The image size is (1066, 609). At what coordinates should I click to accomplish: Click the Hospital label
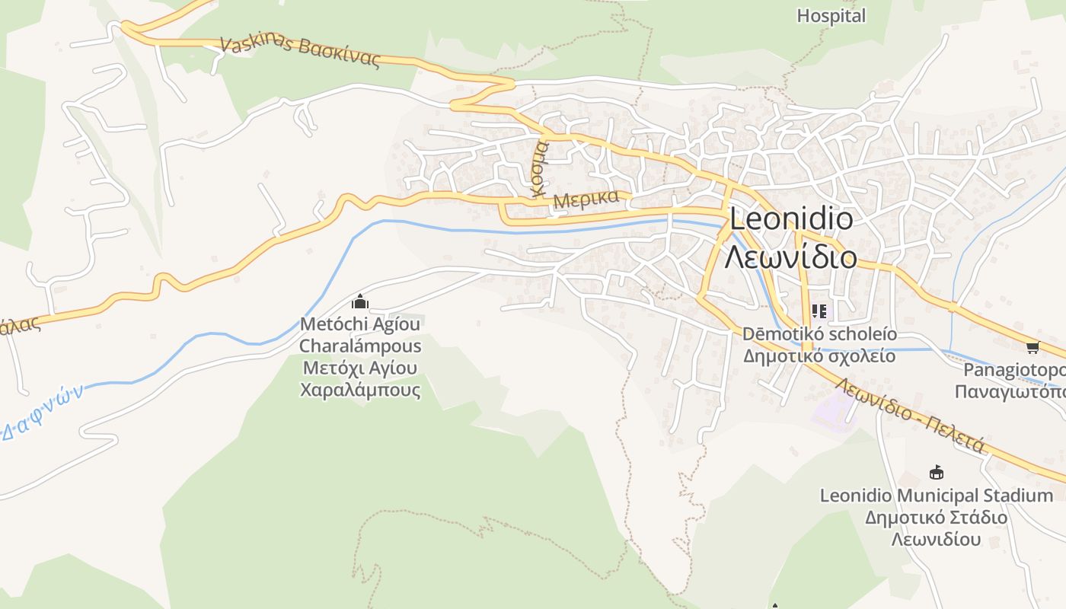(x=831, y=16)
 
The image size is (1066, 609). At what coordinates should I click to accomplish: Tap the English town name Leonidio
(x=791, y=220)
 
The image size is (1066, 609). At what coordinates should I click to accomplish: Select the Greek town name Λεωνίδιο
(x=790, y=257)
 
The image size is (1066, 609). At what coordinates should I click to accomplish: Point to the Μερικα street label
(x=586, y=199)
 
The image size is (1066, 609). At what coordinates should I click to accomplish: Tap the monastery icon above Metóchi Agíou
(x=360, y=302)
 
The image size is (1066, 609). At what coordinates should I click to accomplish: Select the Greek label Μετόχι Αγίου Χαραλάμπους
(x=360, y=379)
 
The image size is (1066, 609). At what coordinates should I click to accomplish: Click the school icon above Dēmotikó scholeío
(x=819, y=311)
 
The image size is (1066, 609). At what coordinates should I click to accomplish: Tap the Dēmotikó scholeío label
(x=819, y=334)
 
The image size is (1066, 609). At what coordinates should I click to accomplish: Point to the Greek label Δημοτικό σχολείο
(x=819, y=356)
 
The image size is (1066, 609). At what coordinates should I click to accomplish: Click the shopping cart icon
(x=1032, y=348)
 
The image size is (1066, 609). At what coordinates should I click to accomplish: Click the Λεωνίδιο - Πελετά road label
(x=910, y=414)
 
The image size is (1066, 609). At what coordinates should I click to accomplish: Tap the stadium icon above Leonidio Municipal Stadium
(x=936, y=473)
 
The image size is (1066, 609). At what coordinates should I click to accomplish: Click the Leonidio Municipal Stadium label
(x=936, y=496)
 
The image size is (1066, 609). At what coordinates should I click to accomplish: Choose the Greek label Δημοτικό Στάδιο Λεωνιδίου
(x=936, y=528)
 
